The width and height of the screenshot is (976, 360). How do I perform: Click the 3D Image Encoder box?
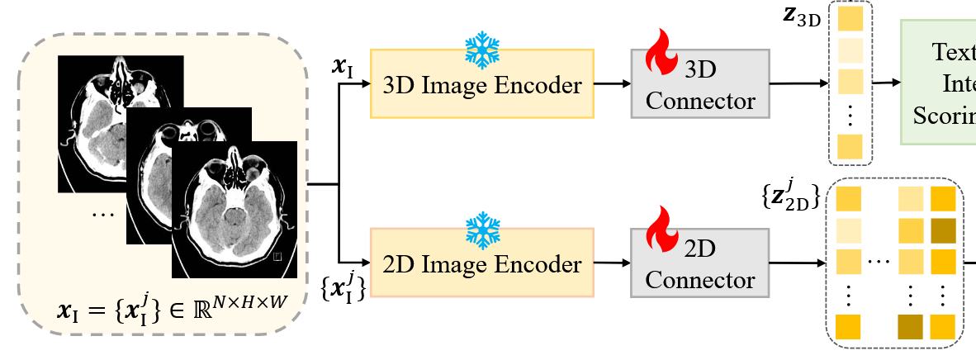click(x=482, y=83)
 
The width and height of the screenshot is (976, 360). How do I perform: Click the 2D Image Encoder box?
click(x=482, y=263)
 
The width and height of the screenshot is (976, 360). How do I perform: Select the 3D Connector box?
click(x=699, y=83)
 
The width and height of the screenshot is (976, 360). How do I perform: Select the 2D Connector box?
click(x=699, y=263)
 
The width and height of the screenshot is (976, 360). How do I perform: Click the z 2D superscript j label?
click(x=790, y=196)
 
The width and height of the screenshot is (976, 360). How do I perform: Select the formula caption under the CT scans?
click(x=172, y=312)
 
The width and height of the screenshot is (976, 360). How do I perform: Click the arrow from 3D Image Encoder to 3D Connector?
click(x=612, y=83)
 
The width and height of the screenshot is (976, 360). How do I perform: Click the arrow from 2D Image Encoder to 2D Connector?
click(x=612, y=263)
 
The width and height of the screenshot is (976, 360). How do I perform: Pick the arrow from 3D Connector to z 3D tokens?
click(x=798, y=83)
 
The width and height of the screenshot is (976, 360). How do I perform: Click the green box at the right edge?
click(x=938, y=82)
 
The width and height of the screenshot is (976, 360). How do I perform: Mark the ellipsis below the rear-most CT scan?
click(x=103, y=213)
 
